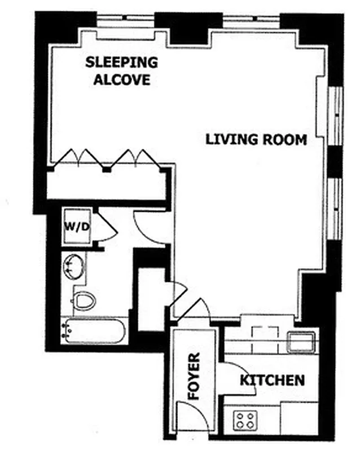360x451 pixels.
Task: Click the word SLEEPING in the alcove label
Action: click(121, 62)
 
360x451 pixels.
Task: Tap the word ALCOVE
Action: click(122, 79)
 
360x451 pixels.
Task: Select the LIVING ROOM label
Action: click(256, 139)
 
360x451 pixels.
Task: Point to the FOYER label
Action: click(194, 376)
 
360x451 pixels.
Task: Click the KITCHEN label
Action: click(273, 379)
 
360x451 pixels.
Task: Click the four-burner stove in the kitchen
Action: click(245, 421)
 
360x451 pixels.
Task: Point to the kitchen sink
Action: click(301, 341)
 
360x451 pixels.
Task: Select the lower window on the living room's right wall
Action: click(336, 209)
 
